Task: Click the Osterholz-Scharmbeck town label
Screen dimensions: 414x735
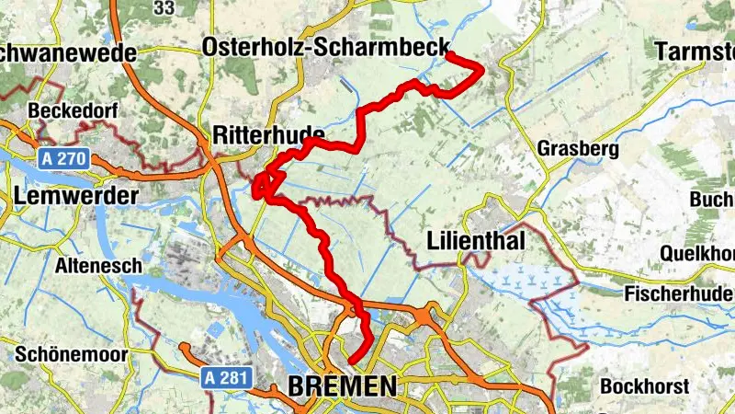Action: [326, 47]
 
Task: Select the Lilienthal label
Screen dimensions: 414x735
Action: [476, 242]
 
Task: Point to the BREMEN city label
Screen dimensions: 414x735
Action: [343, 386]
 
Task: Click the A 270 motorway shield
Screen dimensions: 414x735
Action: [63, 159]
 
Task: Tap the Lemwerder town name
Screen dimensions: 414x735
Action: [75, 196]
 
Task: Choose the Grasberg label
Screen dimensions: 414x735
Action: [575, 148]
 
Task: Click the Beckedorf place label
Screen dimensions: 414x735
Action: [69, 110]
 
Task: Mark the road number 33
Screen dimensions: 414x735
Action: [164, 8]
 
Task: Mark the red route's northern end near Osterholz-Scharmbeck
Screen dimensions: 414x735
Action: [447, 57]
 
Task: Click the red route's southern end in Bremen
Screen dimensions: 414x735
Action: [350, 361]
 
